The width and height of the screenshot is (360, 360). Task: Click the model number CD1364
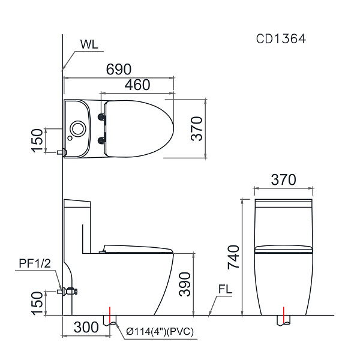(x=281, y=39)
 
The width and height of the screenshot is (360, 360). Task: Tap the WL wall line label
(x=89, y=44)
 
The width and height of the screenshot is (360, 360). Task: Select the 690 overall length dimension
(x=119, y=70)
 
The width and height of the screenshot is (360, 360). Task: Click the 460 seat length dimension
(x=137, y=85)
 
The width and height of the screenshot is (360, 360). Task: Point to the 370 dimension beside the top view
(x=197, y=128)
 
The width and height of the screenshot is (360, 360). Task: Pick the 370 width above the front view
(x=284, y=179)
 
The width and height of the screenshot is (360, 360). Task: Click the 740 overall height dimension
(x=233, y=257)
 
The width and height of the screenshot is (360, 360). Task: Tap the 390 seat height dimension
(x=185, y=284)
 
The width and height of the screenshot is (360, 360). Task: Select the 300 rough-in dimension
(x=86, y=328)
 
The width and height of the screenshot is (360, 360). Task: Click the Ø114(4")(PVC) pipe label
(x=160, y=332)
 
